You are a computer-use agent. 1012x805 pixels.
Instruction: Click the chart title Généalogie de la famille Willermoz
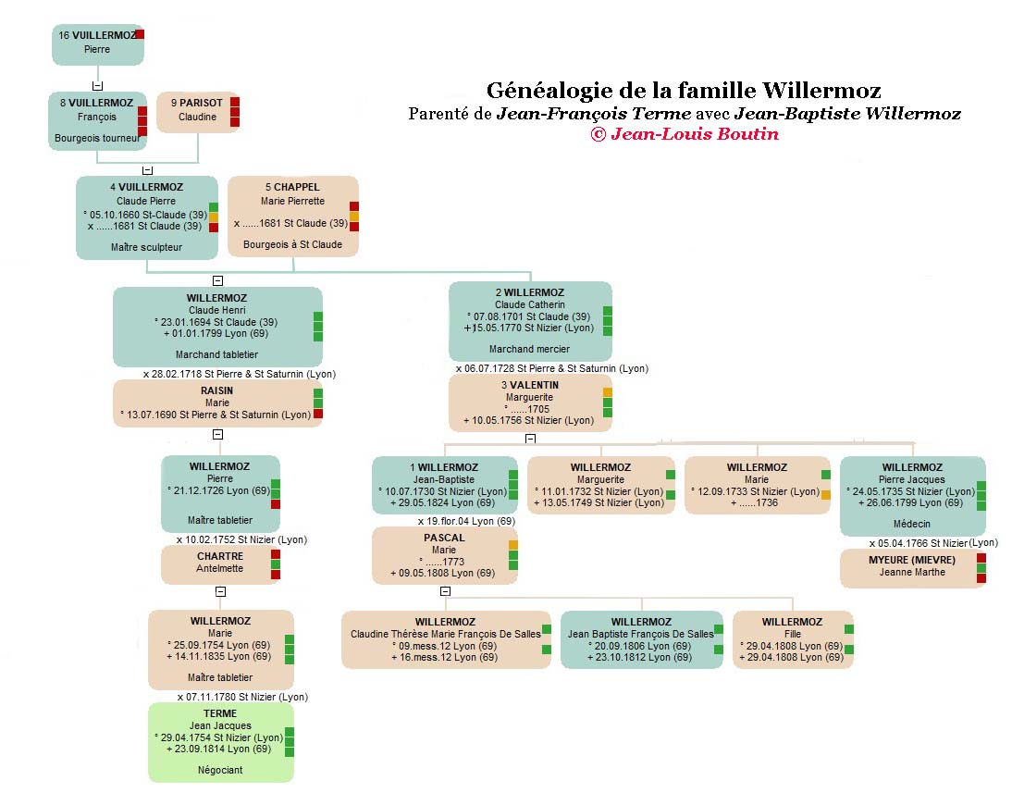coord(683,91)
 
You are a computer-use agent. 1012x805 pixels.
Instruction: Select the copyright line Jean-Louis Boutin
coord(685,134)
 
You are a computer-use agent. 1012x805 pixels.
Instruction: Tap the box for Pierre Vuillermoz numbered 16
coord(97,44)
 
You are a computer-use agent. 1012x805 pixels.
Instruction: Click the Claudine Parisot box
coord(197,111)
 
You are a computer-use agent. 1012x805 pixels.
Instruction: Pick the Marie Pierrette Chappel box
coord(292,216)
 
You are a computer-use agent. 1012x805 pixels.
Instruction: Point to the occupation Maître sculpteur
coord(146,247)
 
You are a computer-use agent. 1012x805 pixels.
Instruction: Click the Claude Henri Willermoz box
coord(217,326)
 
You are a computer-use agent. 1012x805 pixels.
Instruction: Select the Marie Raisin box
coord(216,403)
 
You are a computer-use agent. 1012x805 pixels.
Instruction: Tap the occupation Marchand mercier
coord(529,349)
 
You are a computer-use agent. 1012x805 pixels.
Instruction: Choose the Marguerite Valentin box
coord(530,403)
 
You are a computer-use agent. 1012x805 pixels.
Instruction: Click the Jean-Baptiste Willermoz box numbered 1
coord(445,485)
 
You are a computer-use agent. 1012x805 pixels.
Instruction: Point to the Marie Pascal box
coord(444,555)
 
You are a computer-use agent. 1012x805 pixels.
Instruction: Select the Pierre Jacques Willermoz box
coord(912,496)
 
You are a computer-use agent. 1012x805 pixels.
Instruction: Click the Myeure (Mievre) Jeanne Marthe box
coord(911,567)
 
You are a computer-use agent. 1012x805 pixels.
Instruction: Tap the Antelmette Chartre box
coord(220,563)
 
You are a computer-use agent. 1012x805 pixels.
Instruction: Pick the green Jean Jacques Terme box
coord(220,741)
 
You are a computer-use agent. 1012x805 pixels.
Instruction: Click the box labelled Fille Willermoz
coord(792,638)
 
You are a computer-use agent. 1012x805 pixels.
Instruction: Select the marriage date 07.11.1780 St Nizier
coord(242,697)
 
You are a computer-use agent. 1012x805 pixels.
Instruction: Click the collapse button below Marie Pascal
coord(445,591)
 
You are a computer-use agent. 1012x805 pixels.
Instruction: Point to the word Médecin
coord(912,520)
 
